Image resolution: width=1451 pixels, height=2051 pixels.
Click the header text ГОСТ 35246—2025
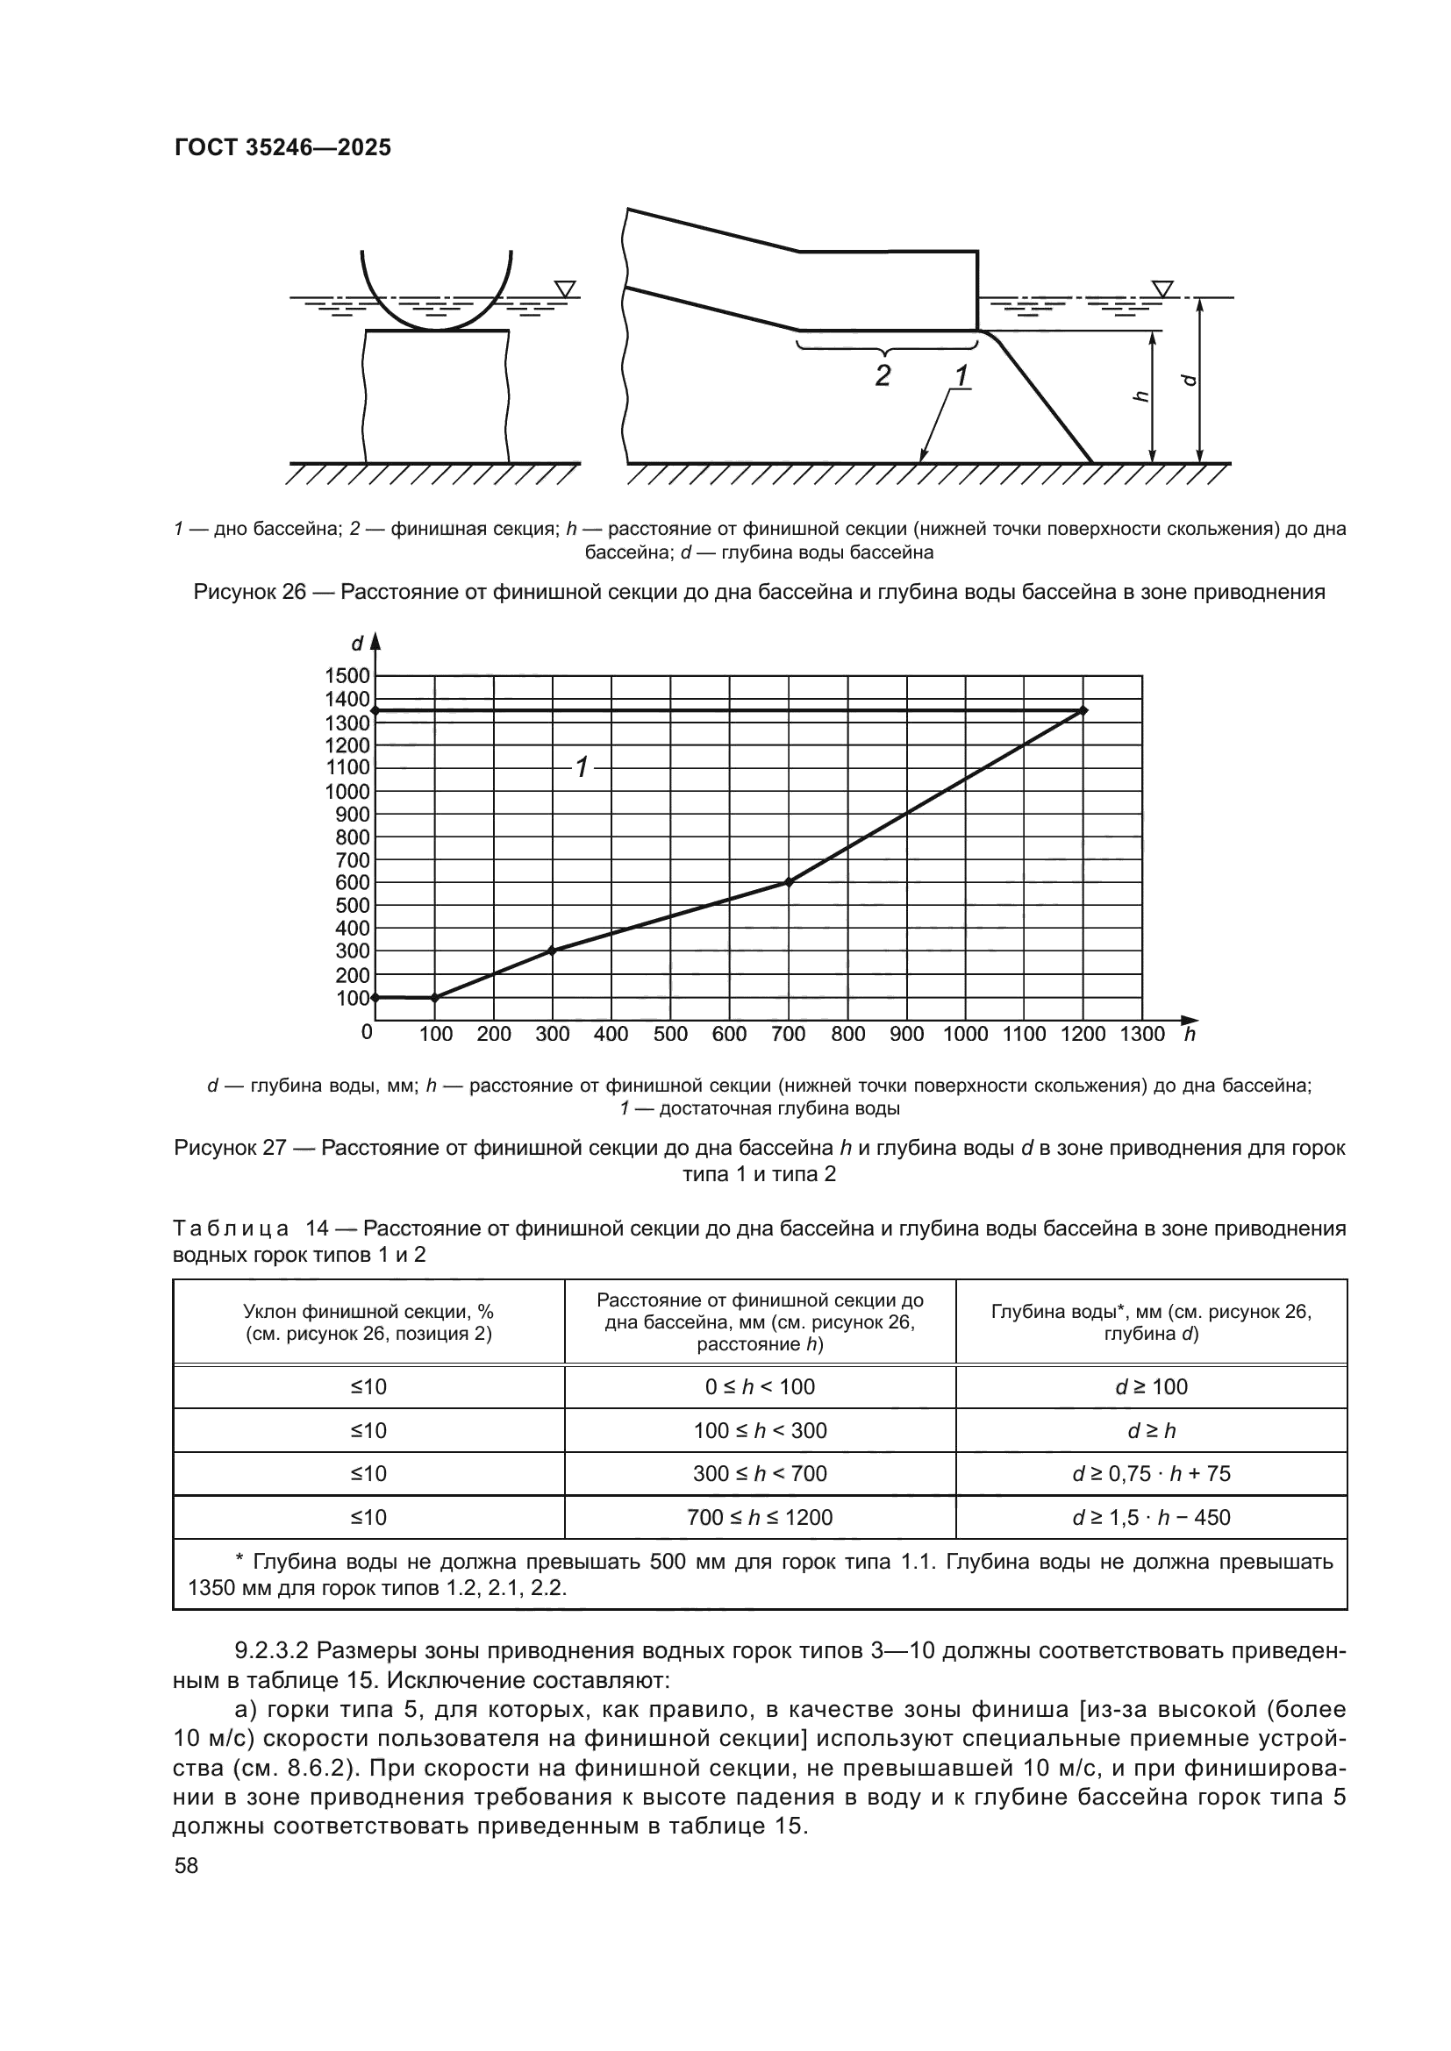[282, 147]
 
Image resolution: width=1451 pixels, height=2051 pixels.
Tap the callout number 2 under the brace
[882, 375]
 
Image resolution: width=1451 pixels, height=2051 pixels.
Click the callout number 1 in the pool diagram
[961, 376]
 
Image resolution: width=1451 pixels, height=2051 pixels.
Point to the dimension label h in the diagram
[1140, 396]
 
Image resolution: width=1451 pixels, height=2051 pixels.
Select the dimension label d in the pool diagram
[1189, 380]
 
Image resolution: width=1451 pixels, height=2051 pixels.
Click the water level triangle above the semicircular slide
[564, 288]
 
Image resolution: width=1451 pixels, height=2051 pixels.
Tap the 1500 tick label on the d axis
[347, 676]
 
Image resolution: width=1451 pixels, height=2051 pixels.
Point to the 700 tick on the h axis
[788, 1035]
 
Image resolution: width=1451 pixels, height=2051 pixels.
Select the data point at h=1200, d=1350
[1083, 710]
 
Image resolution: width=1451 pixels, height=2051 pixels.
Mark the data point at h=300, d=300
[552, 951]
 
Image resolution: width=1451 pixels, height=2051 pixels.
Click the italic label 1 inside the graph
[582, 766]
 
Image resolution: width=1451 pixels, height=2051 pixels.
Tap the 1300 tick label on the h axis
[1142, 1035]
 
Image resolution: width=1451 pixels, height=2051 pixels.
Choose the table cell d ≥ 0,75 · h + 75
[1151, 1474]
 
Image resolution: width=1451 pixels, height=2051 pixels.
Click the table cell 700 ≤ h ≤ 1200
[760, 1518]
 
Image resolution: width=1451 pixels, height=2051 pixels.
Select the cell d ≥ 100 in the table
[1151, 1387]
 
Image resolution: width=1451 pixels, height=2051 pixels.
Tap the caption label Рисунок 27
[229, 1148]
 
